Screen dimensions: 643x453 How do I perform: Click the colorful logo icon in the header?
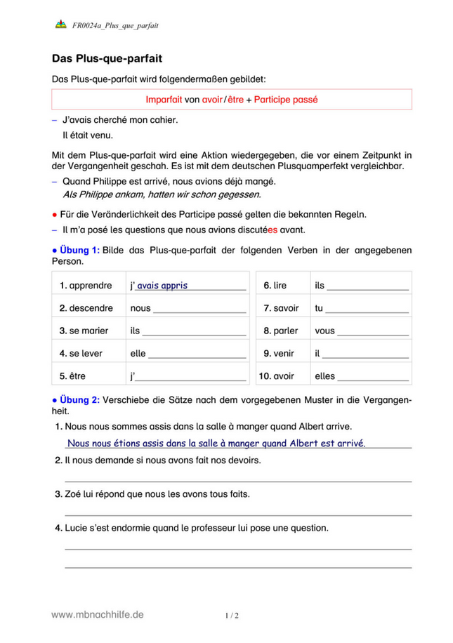[x=60, y=25]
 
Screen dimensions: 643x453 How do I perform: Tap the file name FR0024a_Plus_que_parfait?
[x=115, y=26]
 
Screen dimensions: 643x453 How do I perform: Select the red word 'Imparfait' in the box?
[x=164, y=100]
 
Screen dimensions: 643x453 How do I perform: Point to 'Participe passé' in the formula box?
[x=286, y=100]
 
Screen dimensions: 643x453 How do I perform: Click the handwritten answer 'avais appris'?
[x=162, y=286]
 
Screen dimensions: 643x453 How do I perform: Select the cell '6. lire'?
[x=275, y=286]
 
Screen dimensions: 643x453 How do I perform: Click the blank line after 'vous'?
[x=374, y=332]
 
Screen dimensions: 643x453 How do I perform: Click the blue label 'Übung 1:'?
[x=80, y=249]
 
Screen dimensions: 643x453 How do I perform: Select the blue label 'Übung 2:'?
[x=80, y=400]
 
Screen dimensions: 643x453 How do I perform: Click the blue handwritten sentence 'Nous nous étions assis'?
[x=215, y=443]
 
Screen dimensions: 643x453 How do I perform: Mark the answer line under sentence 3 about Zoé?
[x=237, y=515]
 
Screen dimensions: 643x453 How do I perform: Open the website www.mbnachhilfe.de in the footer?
[x=98, y=614]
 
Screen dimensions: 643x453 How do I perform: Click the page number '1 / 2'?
[x=232, y=616]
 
